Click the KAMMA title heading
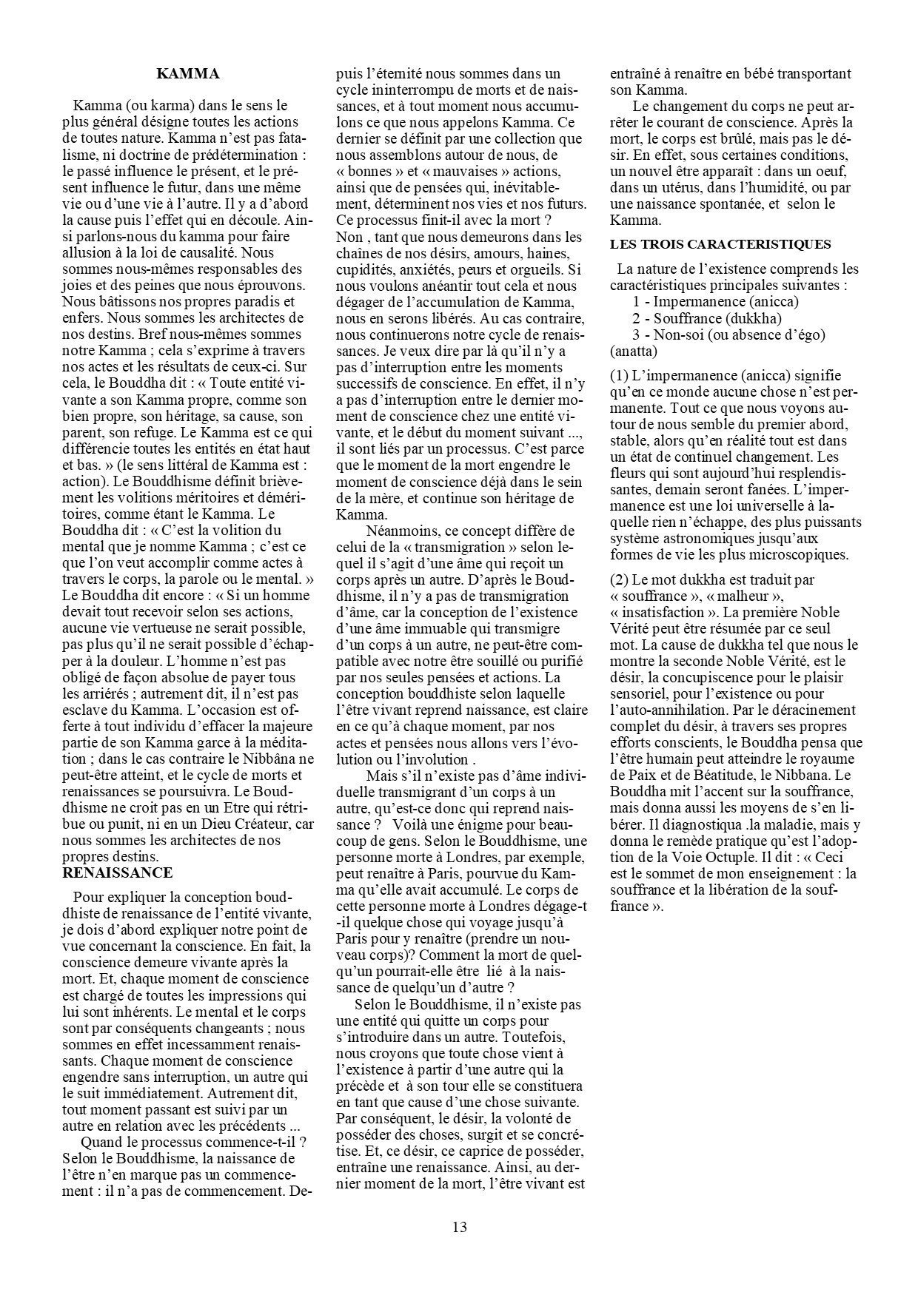188,74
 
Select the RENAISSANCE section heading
118,872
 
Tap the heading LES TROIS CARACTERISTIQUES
720,244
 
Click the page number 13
459,1227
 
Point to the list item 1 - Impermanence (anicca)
715,302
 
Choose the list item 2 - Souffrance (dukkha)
707,318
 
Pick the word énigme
478,824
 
